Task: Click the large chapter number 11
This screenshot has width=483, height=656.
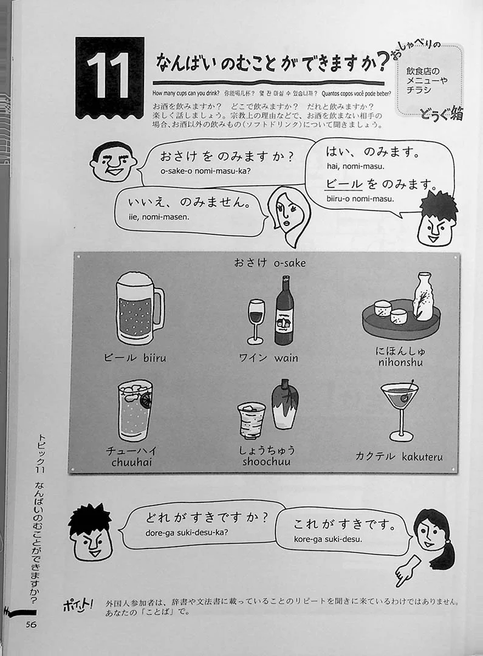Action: pos(108,77)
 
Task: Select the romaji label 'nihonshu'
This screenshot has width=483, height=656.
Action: pos(400,362)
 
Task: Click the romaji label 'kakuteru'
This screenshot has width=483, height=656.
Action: pos(422,456)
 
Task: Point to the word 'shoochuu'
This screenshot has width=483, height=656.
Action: pos(266,462)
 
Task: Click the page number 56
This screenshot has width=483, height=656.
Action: pos(31,624)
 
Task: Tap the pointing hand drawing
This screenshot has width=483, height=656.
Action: pos(407,570)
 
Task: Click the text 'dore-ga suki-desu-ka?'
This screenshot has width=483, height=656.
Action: pos(187,533)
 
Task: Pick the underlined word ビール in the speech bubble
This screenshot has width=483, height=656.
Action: pos(344,184)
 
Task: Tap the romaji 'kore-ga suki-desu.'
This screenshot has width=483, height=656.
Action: pos(327,539)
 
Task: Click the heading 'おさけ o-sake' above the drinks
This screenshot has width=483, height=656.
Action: pos(270,263)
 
